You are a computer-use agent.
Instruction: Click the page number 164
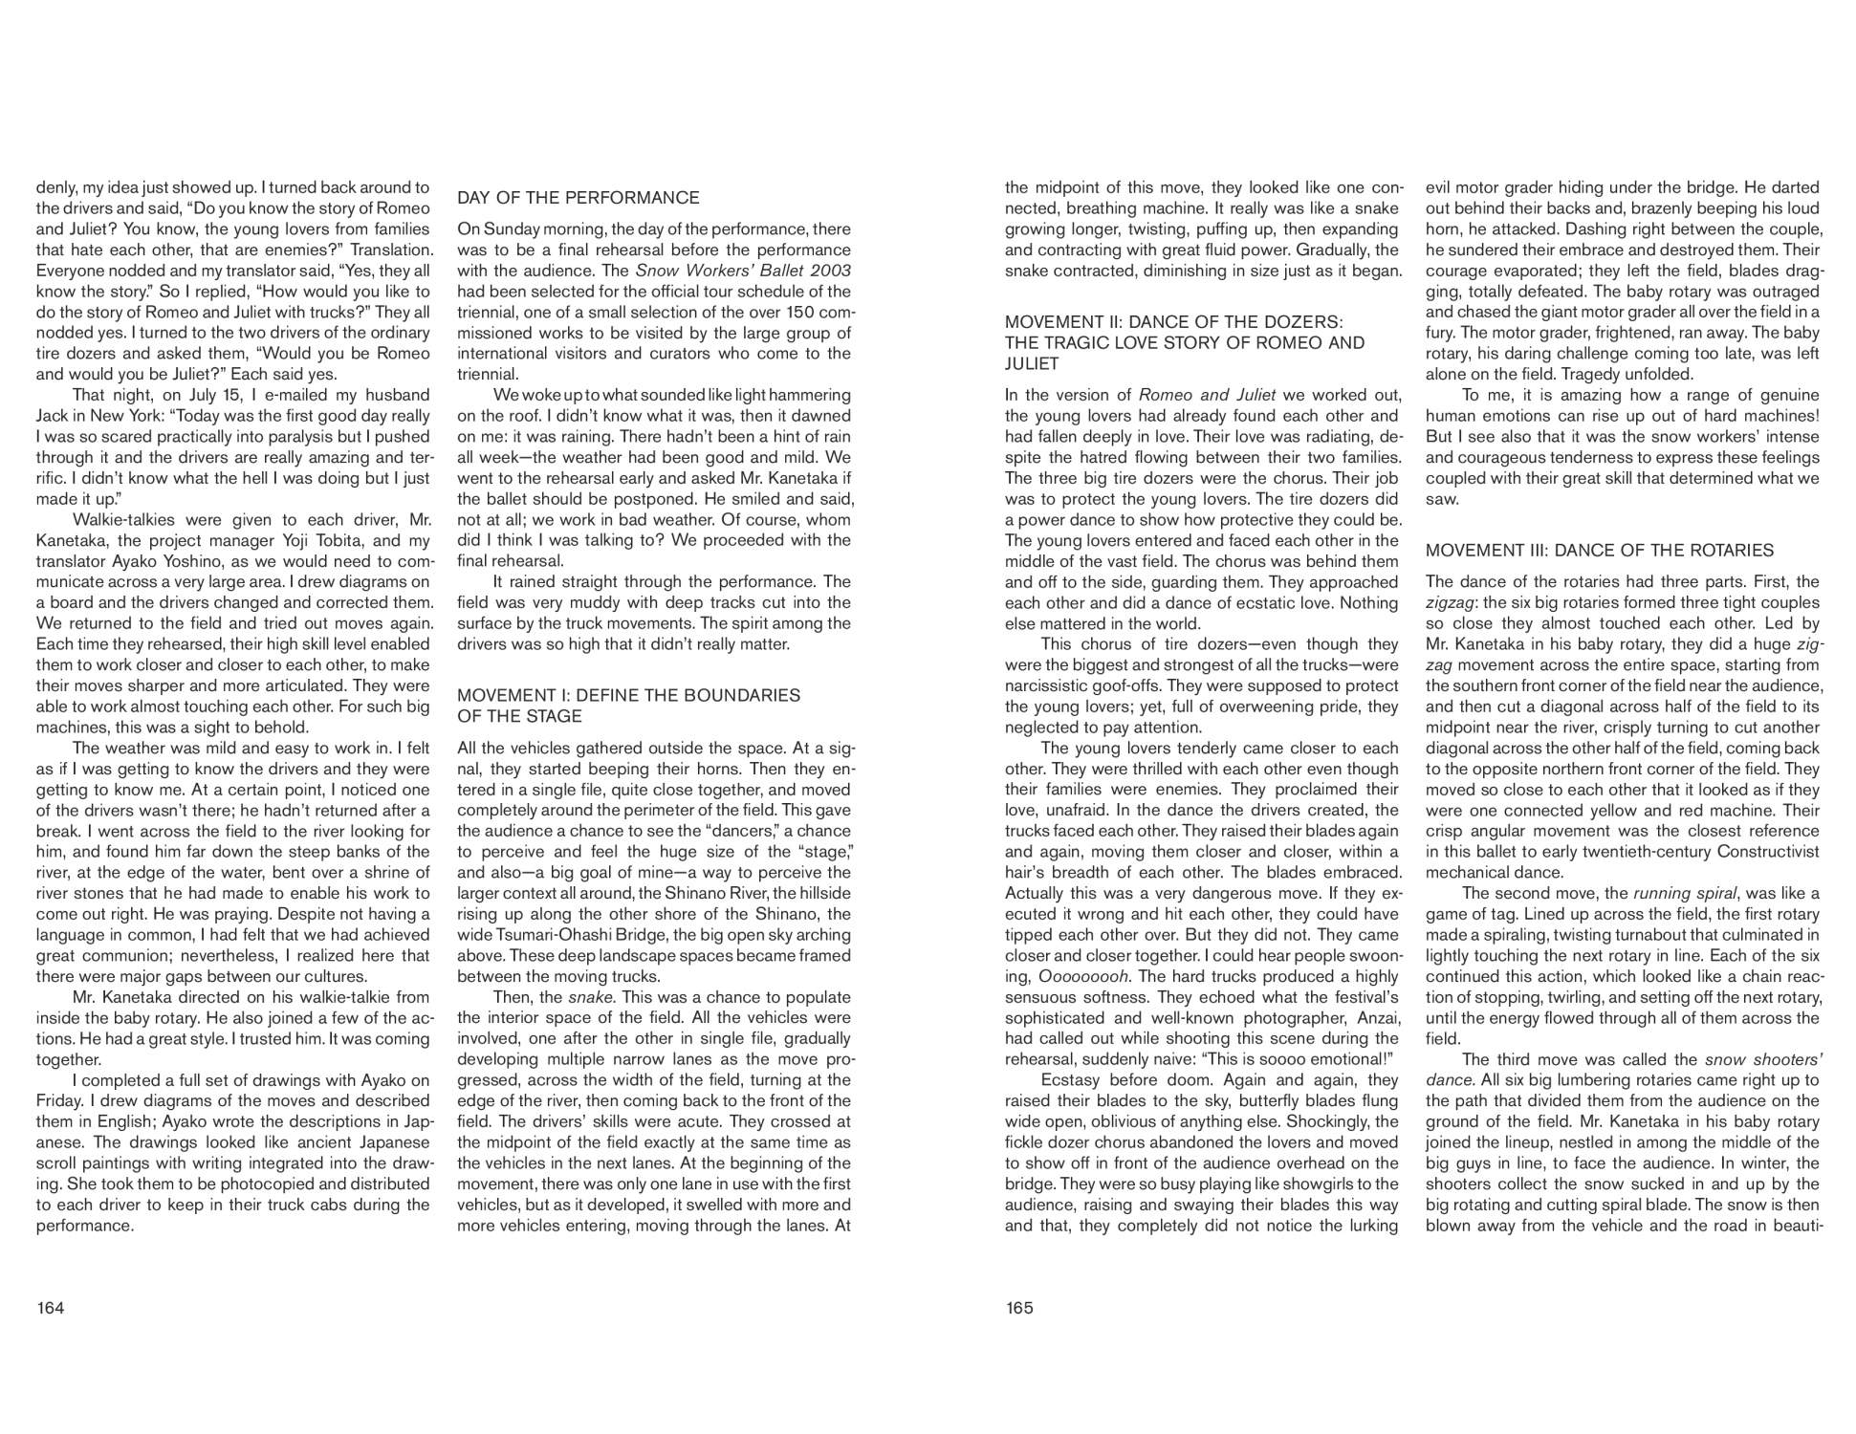tap(50, 1308)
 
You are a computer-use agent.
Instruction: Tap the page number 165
tap(1019, 1308)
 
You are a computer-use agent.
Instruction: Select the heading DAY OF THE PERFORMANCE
tap(578, 198)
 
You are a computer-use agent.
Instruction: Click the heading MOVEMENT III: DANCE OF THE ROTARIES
tap(1599, 551)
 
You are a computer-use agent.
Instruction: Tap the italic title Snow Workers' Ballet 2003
tap(743, 271)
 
